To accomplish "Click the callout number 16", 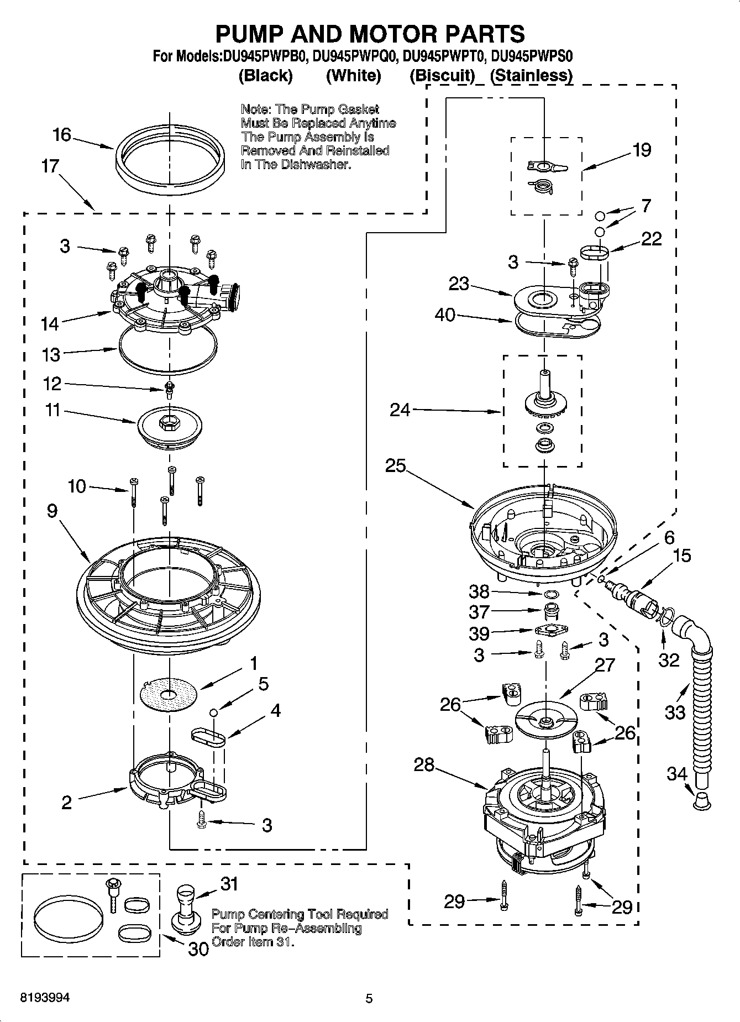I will [x=62, y=135].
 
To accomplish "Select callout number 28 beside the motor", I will [x=424, y=764].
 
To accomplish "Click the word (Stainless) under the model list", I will [x=531, y=75].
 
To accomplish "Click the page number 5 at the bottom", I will [x=369, y=998].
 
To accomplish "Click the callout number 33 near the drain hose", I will [x=675, y=712].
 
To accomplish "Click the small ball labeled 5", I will [x=213, y=712].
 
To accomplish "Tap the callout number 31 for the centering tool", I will [x=229, y=884].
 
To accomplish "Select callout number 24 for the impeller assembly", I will [x=400, y=410].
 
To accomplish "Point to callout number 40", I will [x=445, y=315].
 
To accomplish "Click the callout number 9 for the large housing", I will [x=52, y=511].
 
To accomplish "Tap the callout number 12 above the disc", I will [x=52, y=384].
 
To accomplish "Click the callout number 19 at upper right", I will [x=642, y=150].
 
